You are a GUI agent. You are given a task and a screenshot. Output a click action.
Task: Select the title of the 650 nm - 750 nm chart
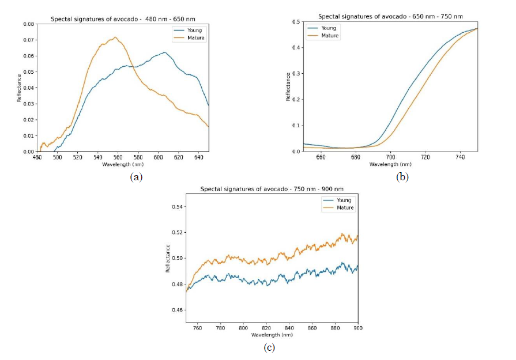[390, 16]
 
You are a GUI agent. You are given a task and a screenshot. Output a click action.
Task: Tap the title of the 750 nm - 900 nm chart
[272, 189]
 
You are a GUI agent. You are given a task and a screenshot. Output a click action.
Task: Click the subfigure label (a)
[136, 177]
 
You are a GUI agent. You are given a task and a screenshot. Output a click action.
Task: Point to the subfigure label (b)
[402, 177]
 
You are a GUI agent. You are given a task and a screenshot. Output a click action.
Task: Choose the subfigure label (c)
[269, 347]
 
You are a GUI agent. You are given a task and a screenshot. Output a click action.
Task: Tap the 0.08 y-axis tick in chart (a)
[27, 24]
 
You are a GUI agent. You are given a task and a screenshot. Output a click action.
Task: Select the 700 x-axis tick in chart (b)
[390, 157]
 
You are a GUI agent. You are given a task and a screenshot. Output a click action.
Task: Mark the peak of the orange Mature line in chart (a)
[115, 37]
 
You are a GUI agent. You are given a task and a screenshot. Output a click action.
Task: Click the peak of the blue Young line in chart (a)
[164, 52]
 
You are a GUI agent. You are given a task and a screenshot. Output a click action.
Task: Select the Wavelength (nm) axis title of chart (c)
[272, 334]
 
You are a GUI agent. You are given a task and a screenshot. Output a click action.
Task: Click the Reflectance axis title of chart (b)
[288, 87]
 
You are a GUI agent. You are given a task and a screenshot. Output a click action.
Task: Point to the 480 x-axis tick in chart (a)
[37, 157]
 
